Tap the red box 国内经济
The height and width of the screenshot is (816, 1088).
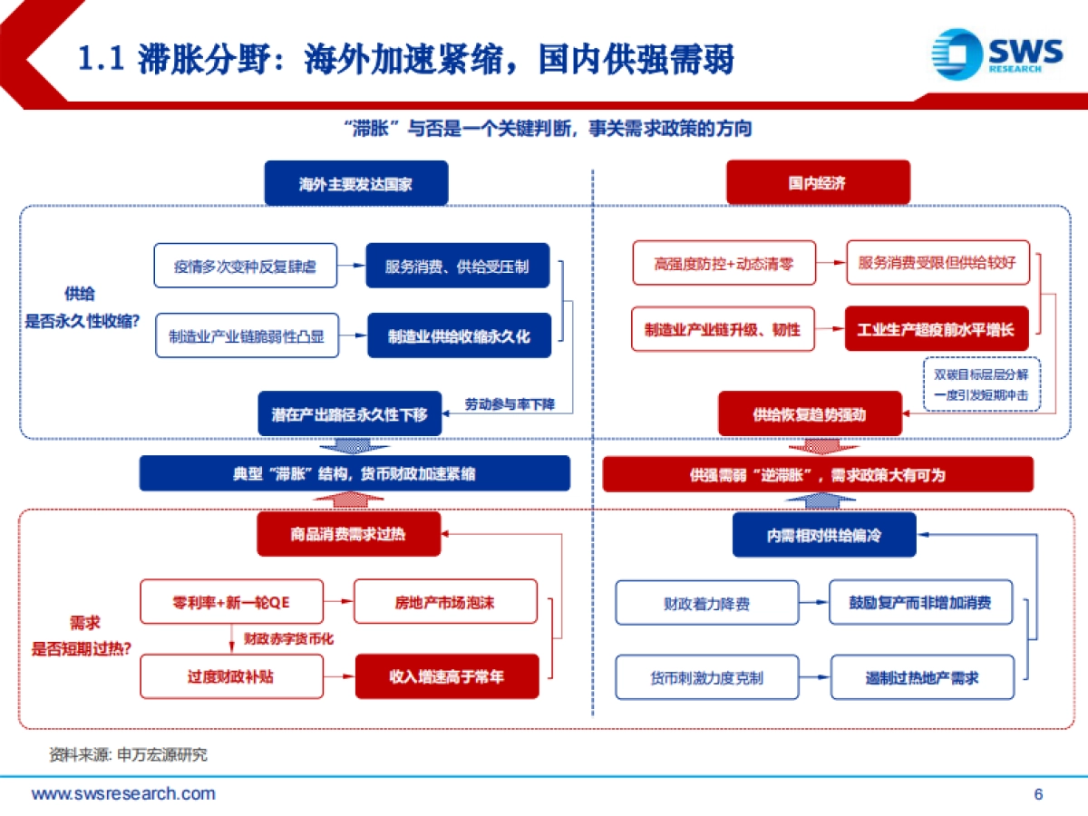tap(818, 183)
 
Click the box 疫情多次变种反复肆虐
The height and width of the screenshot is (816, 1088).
tap(245, 267)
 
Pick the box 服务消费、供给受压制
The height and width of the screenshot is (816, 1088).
tap(458, 267)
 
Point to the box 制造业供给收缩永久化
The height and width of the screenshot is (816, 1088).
tap(459, 336)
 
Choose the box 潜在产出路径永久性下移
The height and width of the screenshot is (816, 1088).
tap(349, 414)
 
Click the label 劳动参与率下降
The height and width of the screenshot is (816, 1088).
tap(510, 403)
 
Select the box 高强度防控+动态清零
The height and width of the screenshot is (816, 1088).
tap(724, 264)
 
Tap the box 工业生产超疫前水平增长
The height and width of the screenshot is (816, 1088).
tap(937, 329)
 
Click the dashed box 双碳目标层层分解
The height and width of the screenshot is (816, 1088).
tap(981, 384)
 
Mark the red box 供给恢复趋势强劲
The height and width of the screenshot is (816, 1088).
tap(810, 414)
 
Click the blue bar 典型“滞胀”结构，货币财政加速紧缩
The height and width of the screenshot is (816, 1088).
tap(355, 473)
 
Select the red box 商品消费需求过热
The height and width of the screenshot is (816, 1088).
tap(348, 534)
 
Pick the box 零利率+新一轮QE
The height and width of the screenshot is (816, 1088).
tap(231, 601)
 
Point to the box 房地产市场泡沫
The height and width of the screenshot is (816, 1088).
tap(445, 602)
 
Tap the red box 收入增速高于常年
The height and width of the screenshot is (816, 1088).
tap(446, 676)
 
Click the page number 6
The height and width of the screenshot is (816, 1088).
tap(1039, 794)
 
